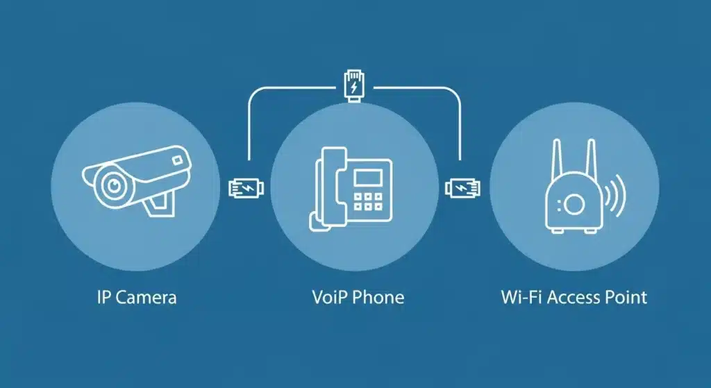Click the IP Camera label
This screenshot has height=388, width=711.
[x=136, y=298]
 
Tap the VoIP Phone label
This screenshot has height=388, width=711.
[x=358, y=298]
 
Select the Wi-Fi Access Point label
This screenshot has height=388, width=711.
[x=574, y=298]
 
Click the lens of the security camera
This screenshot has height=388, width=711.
[x=110, y=184]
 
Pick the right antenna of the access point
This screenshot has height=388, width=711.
[x=591, y=164]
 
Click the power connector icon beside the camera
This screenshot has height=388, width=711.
[x=246, y=187]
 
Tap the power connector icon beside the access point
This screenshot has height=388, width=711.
[x=461, y=187]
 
